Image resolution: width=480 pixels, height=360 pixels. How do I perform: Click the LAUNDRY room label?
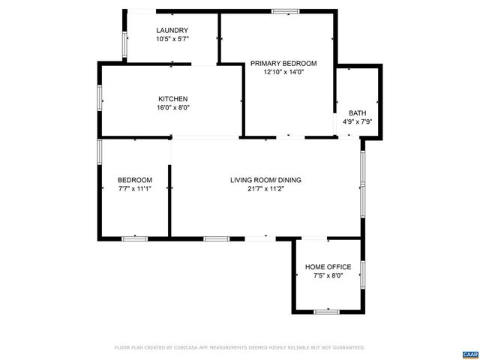pyautogui.click(x=172, y=30)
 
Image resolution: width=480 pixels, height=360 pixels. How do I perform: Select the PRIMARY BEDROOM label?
pyautogui.click(x=283, y=64)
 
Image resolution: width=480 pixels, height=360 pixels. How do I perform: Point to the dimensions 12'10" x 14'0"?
pyautogui.click(x=283, y=73)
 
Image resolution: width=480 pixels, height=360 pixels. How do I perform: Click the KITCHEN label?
pyautogui.click(x=172, y=99)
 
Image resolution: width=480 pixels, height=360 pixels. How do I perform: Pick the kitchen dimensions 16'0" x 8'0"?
pyautogui.click(x=172, y=107)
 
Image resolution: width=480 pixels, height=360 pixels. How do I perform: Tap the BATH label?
pyautogui.click(x=358, y=113)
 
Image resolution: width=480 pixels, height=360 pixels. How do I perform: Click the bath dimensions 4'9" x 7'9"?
pyautogui.click(x=358, y=121)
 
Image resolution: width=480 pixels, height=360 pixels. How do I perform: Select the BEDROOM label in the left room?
pyautogui.click(x=135, y=180)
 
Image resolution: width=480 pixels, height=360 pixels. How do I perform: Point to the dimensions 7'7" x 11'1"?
pyautogui.click(x=135, y=188)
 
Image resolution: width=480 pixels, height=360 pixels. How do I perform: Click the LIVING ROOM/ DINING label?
pyautogui.click(x=265, y=180)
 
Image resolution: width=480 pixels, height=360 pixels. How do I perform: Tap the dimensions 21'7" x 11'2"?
pyautogui.click(x=265, y=188)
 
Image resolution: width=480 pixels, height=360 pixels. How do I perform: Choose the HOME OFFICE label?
pyautogui.click(x=328, y=267)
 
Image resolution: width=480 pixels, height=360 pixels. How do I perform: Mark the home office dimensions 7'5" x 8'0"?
pyautogui.click(x=328, y=275)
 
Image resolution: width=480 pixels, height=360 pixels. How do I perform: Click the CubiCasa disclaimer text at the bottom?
pyautogui.click(x=239, y=347)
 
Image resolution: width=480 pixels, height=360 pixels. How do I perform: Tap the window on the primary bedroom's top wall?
pyautogui.click(x=283, y=11)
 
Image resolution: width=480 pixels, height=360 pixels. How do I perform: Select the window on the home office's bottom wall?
pyautogui.click(x=327, y=310)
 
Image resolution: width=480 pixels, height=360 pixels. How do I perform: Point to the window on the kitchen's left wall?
pyautogui.click(x=100, y=98)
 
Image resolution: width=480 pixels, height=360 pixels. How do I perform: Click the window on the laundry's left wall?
pyautogui.click(x=125, y=44)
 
